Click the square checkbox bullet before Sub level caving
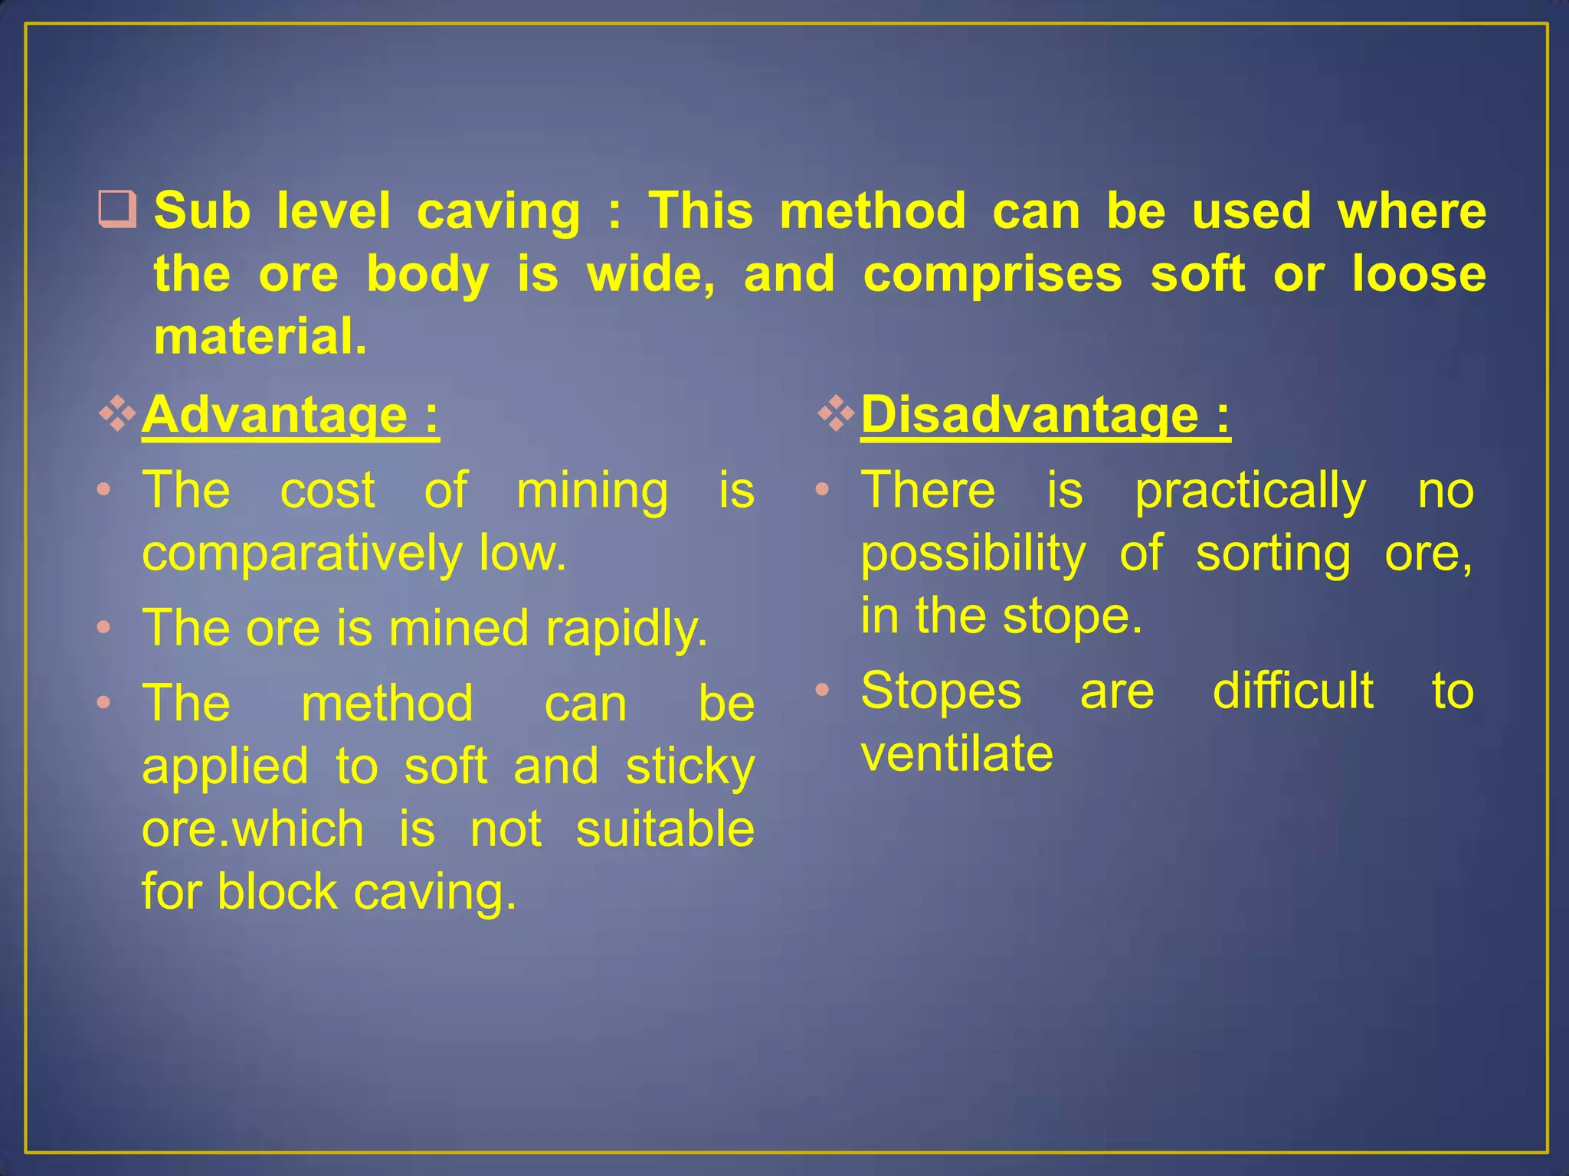pyautogui.click(x=117, y=211)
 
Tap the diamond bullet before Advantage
pyautogui.click(x=117, y=414)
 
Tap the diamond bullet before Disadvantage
pyautogui.click(x=836, y=414)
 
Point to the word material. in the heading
pyautogui.click(x=260, y=337)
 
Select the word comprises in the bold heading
pyautogui.click(x=993, y=274)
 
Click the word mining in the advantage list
pyautogui.click(x=592, y=490)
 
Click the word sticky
pyautogui.click(x=690, y=767)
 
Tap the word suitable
pyautogui.click(x=665, y=829)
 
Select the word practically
pyautogui.click(x=1250, y=491)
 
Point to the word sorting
pyautogui.click(x=1273, y=554)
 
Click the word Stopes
pyautogui.click(x=942, y=691)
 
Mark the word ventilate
pyautogui.click(x=957, y=753)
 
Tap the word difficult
pyautogui.click(x=1293, y=691)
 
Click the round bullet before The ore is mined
pyautogui.click(x=105, y=629)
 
